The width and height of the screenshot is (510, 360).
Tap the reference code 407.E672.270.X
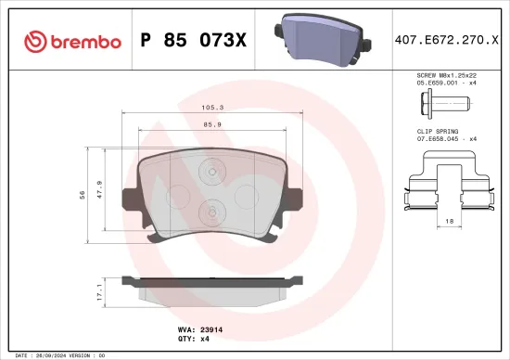pos(440,41)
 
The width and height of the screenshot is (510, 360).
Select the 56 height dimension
pos(83,195)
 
